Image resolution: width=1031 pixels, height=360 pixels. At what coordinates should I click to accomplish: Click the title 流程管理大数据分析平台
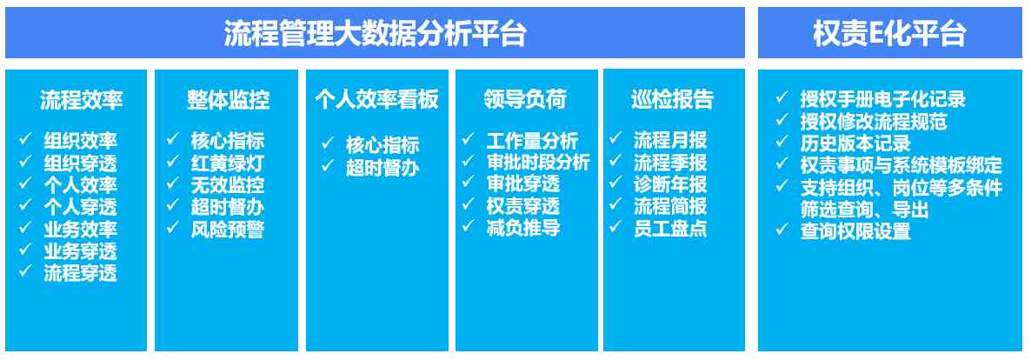(x=375, y=33)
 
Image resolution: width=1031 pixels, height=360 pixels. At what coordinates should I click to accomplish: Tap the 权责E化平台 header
(x=889, y=33)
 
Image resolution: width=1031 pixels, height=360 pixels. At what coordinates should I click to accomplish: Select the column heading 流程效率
(x=81, y=100)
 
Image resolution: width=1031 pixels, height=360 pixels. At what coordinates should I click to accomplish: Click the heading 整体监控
(x=228, y=100)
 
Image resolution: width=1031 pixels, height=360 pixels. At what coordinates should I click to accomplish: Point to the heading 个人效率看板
(x=376, y=100)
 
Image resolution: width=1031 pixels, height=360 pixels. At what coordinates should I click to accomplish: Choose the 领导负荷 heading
(x=525, y=100)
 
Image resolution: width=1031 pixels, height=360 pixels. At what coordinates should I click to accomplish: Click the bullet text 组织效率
(x=80, y=141)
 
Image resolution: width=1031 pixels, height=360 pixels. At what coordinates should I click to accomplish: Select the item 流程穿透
(x=80, y=273)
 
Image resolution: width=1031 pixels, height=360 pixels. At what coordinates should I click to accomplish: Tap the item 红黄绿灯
(x=228, y=163)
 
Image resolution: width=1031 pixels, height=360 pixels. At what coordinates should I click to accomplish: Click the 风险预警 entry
(x=228, y=229)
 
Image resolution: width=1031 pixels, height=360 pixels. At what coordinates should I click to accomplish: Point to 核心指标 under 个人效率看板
(x=382, y=145)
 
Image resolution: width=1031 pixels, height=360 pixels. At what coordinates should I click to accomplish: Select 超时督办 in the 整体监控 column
(x=228, y=207)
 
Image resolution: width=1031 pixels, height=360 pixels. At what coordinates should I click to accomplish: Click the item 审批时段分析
(x=538, y=163)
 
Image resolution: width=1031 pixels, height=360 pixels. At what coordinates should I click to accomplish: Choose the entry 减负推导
(x=523, y=229)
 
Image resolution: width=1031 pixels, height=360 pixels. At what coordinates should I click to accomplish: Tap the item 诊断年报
(x=671, y=185)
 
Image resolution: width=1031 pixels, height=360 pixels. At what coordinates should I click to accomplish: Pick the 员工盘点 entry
(x=671, y=229)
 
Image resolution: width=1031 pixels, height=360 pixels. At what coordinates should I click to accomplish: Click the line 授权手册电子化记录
(x=883, y=100)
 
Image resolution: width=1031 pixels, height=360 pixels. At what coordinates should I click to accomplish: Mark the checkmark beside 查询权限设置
(x=782, y=230)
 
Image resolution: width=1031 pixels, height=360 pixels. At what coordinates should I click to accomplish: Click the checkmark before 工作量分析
(x=469, y=139)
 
